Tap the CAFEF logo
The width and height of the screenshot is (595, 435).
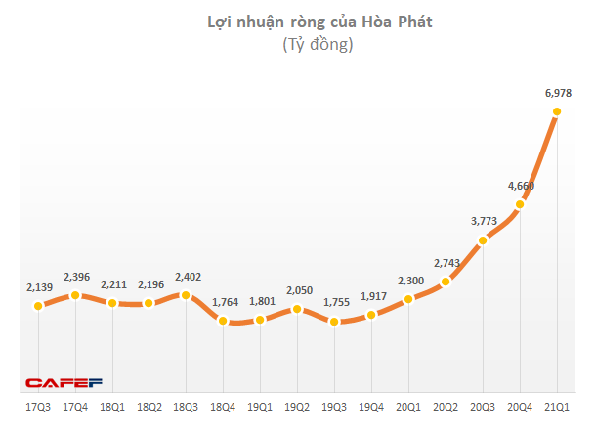click(64, 382)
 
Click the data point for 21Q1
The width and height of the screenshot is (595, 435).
click(557, 111)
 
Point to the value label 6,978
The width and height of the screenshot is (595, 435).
click(557, 93)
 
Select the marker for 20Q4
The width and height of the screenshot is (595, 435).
click(520, 203)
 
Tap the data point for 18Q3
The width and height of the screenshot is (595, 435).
click(187, 294)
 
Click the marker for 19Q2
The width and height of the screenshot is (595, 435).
click(298, 309)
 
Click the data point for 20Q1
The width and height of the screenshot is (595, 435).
click(408, 298)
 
